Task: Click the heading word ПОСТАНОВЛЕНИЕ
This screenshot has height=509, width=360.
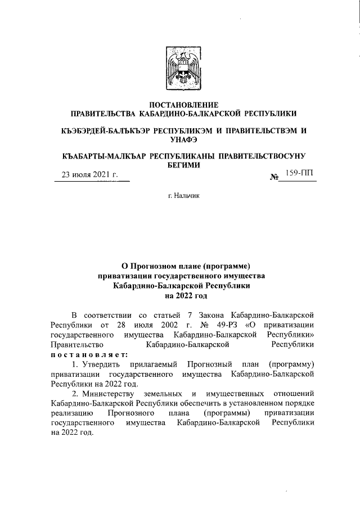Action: click(180, 105)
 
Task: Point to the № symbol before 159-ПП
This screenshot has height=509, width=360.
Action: click(276, 177)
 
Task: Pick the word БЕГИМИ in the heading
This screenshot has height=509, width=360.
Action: click(181, 165)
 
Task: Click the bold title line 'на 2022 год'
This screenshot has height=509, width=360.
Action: click(181, 295)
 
